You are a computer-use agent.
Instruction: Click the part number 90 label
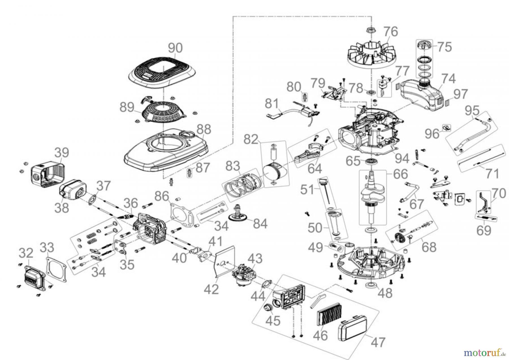tap(175, 48)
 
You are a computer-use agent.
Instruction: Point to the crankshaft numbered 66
tap(372, 198)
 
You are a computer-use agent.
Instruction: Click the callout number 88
tap(204, 129)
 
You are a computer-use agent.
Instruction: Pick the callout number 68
tap(429, 247)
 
